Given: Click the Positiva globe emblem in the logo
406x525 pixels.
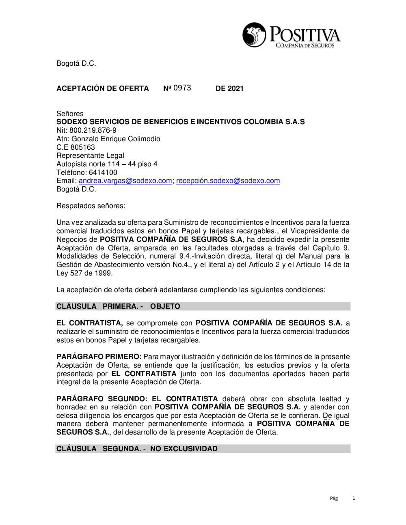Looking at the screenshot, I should tap(254, 35).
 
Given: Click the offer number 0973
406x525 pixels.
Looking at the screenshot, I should tap(182, 88).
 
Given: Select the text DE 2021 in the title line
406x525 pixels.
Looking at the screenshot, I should tap(229, 88).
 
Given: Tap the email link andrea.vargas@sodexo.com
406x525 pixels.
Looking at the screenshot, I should tap(125, 181).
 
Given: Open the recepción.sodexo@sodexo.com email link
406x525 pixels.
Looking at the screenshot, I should tap(228, 181).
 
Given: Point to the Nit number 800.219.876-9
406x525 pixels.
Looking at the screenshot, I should tap(93, 130).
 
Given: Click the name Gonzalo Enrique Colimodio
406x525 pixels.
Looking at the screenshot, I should tap(116, 139).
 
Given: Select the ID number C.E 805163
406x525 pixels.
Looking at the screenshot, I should tap(76, 147).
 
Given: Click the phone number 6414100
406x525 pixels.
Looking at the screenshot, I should tap(103, 172).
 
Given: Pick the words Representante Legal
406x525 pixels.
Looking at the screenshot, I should tap(90, 155).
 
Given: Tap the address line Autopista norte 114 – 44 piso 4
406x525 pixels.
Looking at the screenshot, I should tap(107, 164).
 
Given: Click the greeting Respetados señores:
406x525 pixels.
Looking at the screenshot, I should tap(91, 206).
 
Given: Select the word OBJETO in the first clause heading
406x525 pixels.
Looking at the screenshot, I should tap(165, 306).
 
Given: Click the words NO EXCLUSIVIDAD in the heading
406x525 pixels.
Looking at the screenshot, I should tap(184, 449).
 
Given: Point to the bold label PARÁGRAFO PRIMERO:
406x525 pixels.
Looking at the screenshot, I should tap(99, 357).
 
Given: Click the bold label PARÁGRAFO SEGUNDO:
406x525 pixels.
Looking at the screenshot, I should tap(101, 399).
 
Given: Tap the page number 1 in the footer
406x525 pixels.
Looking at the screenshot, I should tap(354, 498).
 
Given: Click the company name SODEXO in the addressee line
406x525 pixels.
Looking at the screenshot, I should tap(72, 122).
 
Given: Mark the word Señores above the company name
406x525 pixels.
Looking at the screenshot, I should tap(70, 114).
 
